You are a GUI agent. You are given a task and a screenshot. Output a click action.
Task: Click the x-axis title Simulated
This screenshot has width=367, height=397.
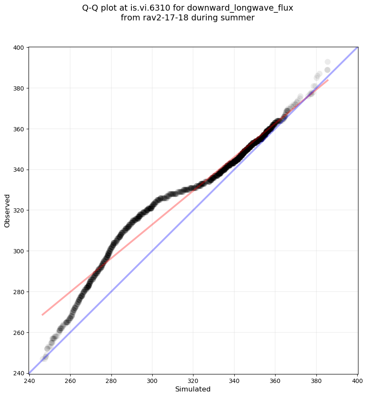(x=193, y=389)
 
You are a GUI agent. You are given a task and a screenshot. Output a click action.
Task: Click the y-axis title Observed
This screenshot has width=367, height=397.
(x=7, y=210)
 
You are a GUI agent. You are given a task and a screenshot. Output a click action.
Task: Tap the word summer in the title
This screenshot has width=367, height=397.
(x=241, y=18)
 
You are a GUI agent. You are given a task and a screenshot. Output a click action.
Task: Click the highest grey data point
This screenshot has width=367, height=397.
(x=327, y=62)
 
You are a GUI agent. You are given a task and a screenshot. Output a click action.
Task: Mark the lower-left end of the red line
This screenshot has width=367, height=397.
(x=42, y=315)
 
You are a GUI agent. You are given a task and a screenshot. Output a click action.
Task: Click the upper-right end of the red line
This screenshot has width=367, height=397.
(x=328, y=79)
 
